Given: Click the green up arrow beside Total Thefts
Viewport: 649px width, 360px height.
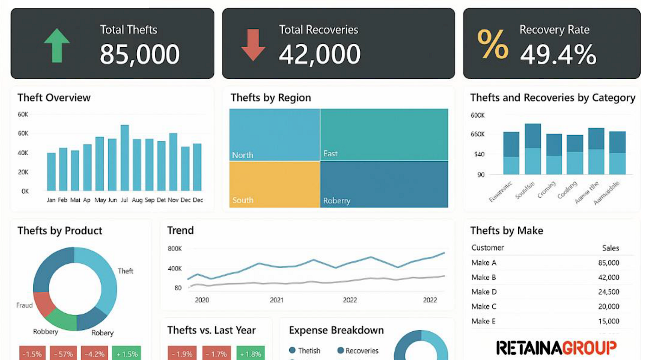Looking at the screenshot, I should [57, 45].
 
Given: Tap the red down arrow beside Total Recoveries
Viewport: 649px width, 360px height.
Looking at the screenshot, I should [253, 45].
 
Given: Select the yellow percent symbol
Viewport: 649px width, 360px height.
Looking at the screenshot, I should [493, 44].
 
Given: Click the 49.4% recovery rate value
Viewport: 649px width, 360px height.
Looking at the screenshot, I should [558, 55].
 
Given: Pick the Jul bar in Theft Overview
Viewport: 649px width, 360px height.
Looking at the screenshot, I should [125, 158].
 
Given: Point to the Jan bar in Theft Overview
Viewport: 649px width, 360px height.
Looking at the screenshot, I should [51, 171].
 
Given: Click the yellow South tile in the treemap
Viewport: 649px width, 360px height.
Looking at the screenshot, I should [274, 184].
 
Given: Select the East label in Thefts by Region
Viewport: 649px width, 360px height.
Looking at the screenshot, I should [331, 153].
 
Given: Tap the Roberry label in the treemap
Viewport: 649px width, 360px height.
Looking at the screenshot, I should [337, 201].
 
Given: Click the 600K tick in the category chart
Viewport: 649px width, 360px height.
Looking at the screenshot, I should [477, 115].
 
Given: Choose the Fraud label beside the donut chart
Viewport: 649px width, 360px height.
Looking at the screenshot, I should [25, 305].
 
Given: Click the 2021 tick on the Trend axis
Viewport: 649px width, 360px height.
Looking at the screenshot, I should [277, 300].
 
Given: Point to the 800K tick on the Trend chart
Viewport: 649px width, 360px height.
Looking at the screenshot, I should [175, 249].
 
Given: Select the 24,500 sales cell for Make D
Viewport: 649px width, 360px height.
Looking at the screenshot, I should [609, 292].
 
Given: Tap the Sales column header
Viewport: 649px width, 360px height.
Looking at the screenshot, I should [610, 248].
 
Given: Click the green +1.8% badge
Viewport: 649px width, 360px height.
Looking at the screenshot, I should [250, 354].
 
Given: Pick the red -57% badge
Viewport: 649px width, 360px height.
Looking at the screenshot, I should [64, 354].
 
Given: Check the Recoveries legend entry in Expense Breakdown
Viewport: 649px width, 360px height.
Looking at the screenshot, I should [358, 351].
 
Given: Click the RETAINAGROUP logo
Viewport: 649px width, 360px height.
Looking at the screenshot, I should [556, 347].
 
